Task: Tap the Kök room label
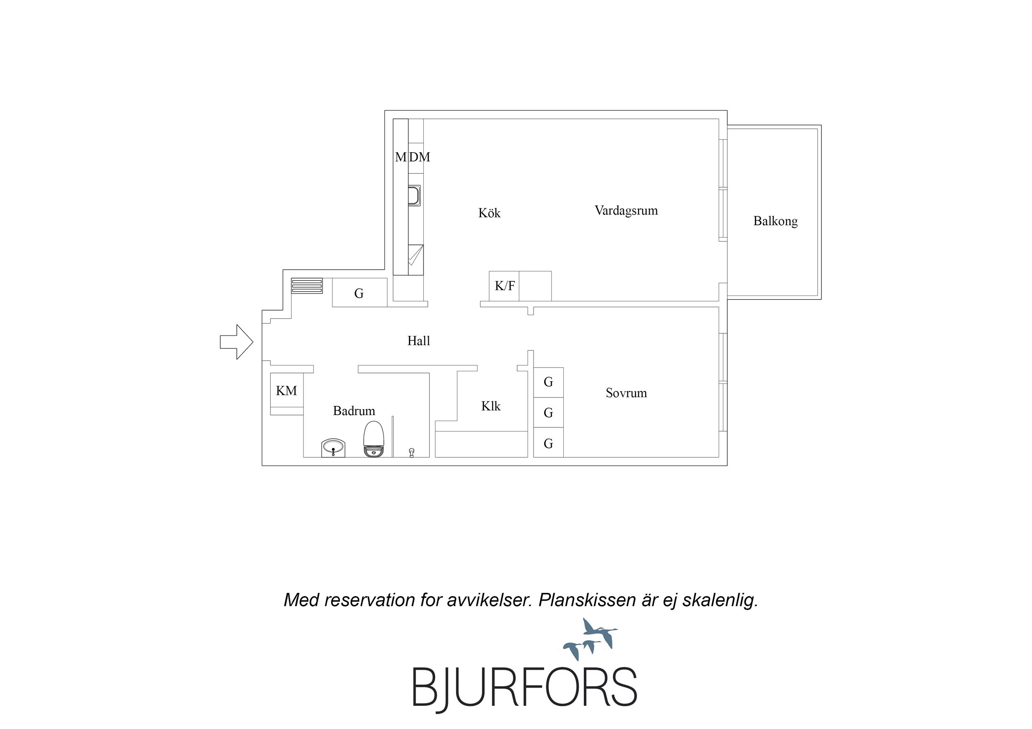tap(489, 212)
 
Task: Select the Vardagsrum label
tap(626, 211)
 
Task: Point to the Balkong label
tap(776, 222)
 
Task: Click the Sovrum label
tap(626, 393)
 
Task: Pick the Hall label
tap(418, 341)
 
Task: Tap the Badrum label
tap(354, 411)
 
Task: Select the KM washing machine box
tap(286, 390)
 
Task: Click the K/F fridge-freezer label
tap(505, 285)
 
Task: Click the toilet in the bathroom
tap(373, 439)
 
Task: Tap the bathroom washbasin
tap(334, 448)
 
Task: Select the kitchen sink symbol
tap(414, 196)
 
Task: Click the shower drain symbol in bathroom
tap(411, 452)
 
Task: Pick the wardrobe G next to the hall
tap(360, 293)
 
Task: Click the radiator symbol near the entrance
tap(307, 285)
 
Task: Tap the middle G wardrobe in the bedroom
tap(548, 412)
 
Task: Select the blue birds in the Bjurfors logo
tap(590, 639)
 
